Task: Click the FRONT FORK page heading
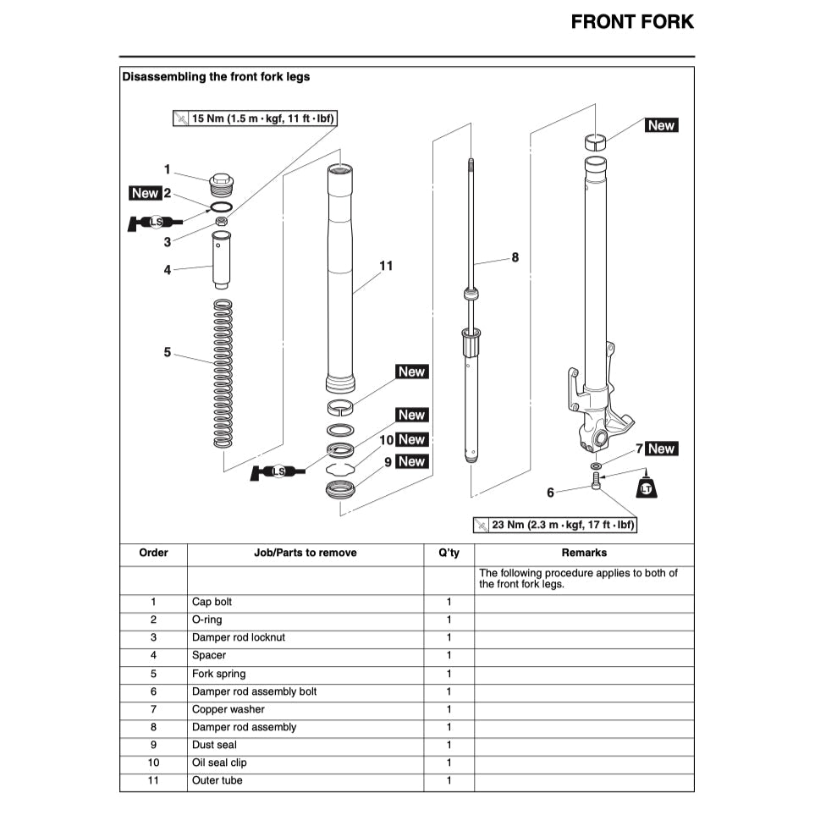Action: tap(631, 22)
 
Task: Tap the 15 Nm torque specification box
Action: tap(255, 118)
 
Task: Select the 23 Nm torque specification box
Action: tap(554, 525)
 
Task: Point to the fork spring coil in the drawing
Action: tap(223, 372)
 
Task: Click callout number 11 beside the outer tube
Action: tap(386, 266)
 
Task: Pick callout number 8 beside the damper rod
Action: tap(515, 257)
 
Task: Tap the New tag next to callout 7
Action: tap(661, 449)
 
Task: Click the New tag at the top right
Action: tap(660, 125)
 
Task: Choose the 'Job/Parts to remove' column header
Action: tap(305, 553)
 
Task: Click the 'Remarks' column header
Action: tap(584, 553)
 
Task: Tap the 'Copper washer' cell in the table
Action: tap(229, 709)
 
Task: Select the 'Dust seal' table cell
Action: tap(214, 745)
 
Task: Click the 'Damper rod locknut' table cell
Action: tap(239, 637)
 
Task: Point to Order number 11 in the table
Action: tap(153, 780)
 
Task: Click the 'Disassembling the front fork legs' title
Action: tap(216, 77)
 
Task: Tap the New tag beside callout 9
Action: tap(411, 462)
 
